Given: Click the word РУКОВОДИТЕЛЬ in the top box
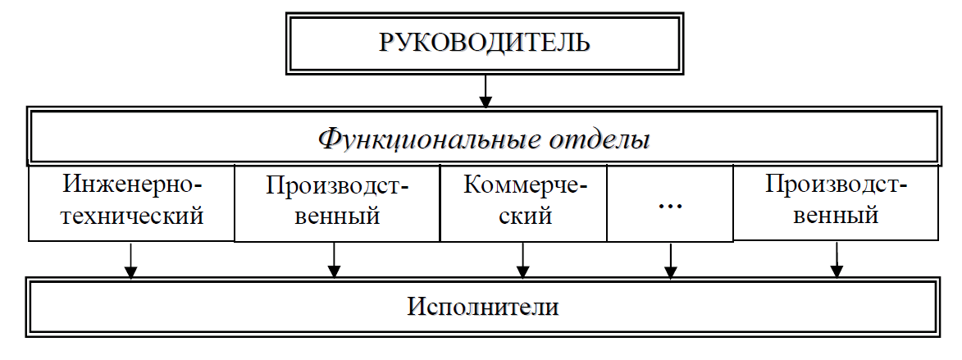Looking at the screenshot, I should click(485, 43).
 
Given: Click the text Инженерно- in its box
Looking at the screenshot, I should click(132, 184).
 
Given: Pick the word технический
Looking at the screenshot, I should click(132, 216).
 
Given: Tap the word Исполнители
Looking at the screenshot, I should click(483, 308).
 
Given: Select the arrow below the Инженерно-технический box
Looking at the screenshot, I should click(130, 262).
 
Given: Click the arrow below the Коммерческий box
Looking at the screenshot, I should click(522, 262).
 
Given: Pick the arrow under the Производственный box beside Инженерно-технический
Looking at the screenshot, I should click(334, 262).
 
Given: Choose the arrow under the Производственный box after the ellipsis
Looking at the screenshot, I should click(837, 261).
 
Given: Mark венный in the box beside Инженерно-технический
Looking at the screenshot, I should click(337, 217).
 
